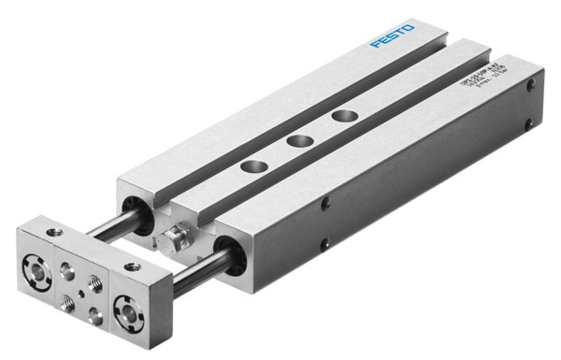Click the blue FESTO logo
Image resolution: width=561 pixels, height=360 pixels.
tap(390, 40)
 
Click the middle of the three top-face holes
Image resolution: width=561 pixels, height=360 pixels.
tap(299, 141)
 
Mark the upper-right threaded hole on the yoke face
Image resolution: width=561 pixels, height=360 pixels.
tap(95, 281)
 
